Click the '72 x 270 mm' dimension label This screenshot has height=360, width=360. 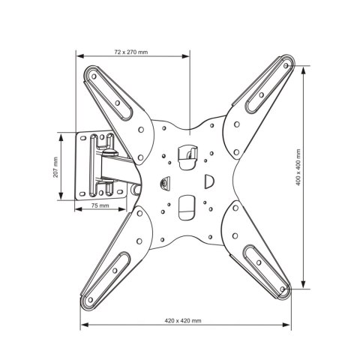point(130,52)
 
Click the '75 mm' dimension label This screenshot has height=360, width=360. point(99,205)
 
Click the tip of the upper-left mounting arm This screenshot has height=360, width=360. point(93,74)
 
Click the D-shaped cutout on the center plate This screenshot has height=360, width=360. point(209,181)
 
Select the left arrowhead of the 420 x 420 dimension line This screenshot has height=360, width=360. point(82,325)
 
